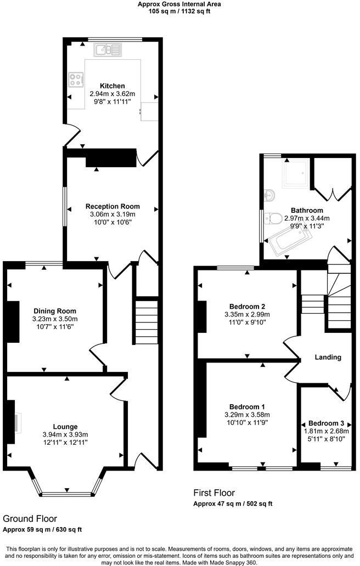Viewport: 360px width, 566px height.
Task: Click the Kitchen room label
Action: pos(113,86)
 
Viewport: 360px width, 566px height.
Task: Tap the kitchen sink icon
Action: pos(108,50)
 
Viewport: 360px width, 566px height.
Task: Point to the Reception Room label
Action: pos(113,206)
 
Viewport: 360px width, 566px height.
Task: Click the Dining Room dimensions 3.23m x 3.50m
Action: pos(55,319)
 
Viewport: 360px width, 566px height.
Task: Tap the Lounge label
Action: pos(65,427)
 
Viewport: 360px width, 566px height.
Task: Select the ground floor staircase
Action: pos(147,320)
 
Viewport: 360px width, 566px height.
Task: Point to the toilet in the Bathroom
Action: pos(273,218)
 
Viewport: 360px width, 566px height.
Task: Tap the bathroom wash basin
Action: pos(269,195)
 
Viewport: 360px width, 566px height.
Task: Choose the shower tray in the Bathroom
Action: pos(296,173)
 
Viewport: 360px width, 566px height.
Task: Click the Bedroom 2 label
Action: pos(247,307)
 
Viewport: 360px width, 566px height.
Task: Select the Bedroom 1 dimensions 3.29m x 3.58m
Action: pos(247,415)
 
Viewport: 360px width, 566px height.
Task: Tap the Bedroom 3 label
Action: pos(326,423)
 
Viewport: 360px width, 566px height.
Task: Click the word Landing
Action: pos(328,358)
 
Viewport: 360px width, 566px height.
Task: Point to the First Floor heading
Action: pos(214,493)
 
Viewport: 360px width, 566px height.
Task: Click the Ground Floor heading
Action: pos(30,519)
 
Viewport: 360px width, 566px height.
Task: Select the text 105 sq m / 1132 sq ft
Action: pos(179,11)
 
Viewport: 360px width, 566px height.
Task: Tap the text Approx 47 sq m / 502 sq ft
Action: pos(233,504)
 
